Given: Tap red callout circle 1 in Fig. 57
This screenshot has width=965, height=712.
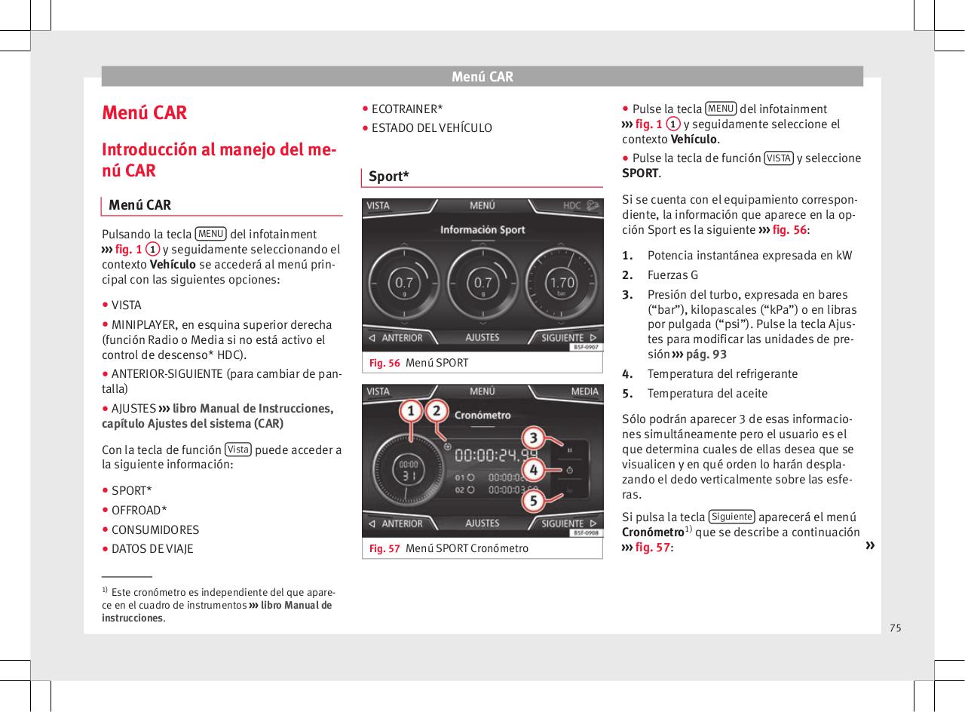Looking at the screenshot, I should [x=411, y=412].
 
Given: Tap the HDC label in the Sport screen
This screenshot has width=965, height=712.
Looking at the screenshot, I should [x=572, y=205].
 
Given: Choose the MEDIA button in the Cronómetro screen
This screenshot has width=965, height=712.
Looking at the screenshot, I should [x=584, y=391].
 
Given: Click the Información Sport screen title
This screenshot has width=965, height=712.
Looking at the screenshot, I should [x=482, y=229].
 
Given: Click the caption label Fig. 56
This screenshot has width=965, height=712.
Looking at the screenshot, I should [x=384, y=363].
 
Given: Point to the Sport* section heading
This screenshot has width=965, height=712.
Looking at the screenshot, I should [x=389, y=176].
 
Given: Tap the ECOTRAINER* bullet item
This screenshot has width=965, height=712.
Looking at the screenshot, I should [x=407, y=109].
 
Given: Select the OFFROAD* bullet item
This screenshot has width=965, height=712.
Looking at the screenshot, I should [x=139, y=510].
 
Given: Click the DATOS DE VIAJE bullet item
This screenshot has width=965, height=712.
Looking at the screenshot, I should [x=152, y=548].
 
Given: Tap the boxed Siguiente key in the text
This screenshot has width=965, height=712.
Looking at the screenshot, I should [x=732, y=517].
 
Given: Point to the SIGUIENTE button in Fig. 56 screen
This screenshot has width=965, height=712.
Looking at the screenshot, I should [x=569, y=338].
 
